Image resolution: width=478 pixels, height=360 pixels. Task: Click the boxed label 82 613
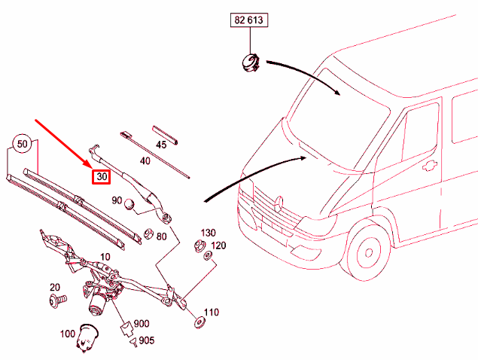(249, 20)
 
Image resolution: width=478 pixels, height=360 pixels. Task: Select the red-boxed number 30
(102, 177)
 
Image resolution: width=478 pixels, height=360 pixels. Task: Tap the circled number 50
(22, 143)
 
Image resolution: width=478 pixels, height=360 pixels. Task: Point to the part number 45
(161, 145)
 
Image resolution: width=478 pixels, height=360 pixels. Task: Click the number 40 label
(145, 160)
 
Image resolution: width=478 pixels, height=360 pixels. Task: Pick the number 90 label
(117, 200)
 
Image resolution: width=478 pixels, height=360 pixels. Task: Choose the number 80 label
(162, 236)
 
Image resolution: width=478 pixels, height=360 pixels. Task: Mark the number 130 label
(209, 233)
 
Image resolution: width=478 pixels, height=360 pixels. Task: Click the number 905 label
(147, 340)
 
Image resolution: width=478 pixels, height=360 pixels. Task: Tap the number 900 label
(142, 324)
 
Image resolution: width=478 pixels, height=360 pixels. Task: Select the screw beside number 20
(57, 301)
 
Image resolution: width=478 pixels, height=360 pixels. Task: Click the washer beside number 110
(199, 322)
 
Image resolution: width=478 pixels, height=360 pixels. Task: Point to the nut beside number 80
(148, 233)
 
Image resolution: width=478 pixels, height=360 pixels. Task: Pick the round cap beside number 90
(130, 204)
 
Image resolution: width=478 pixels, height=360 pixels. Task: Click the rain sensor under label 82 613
(250, 63)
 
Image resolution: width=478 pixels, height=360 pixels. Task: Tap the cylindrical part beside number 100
(87, 337)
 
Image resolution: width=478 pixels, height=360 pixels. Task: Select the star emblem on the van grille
(279, 204)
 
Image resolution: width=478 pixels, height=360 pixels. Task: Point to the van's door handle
(429, 166)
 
